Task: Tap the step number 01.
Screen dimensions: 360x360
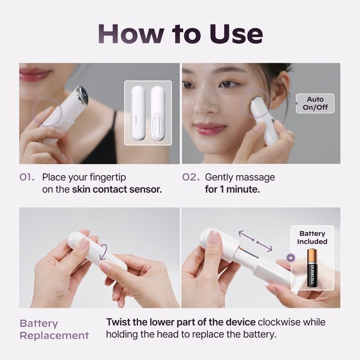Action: (x=27, y=178)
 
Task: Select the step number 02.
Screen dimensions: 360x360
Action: (x=191, y=178)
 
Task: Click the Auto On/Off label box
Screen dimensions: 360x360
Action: (x=315, y=103)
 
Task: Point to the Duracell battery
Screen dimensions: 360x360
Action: (x=312, y=268)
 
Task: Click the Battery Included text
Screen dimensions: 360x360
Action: (x=312, y=237)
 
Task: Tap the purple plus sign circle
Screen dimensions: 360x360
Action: (x=290, y=258)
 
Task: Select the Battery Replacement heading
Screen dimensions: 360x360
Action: (x=54, y=329)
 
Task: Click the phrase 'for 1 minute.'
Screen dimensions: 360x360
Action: (x=232, y=189)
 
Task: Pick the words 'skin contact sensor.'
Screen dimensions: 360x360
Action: (x=117, y=189)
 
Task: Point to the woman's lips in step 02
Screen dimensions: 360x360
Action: (x=210, y=128)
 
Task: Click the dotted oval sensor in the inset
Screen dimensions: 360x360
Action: (x=158, y=125)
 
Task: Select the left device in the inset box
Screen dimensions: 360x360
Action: (x=138, y=113)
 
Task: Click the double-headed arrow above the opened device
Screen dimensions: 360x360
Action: (x=255, y=241)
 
